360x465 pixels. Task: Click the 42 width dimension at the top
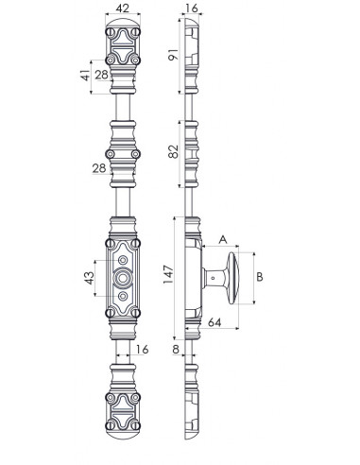point(123,9)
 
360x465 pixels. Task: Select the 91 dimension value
point(173,55)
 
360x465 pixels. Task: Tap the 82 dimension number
point(173,151)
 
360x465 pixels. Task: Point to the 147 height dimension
point(168,274)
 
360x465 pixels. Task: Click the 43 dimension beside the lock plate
point(90,278)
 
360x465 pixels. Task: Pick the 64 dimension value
point(214,322)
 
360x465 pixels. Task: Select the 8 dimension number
point(176,349)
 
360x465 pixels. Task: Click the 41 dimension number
point(85,76)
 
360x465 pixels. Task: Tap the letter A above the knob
point(223,239)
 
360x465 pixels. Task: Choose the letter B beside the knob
point(260,277)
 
